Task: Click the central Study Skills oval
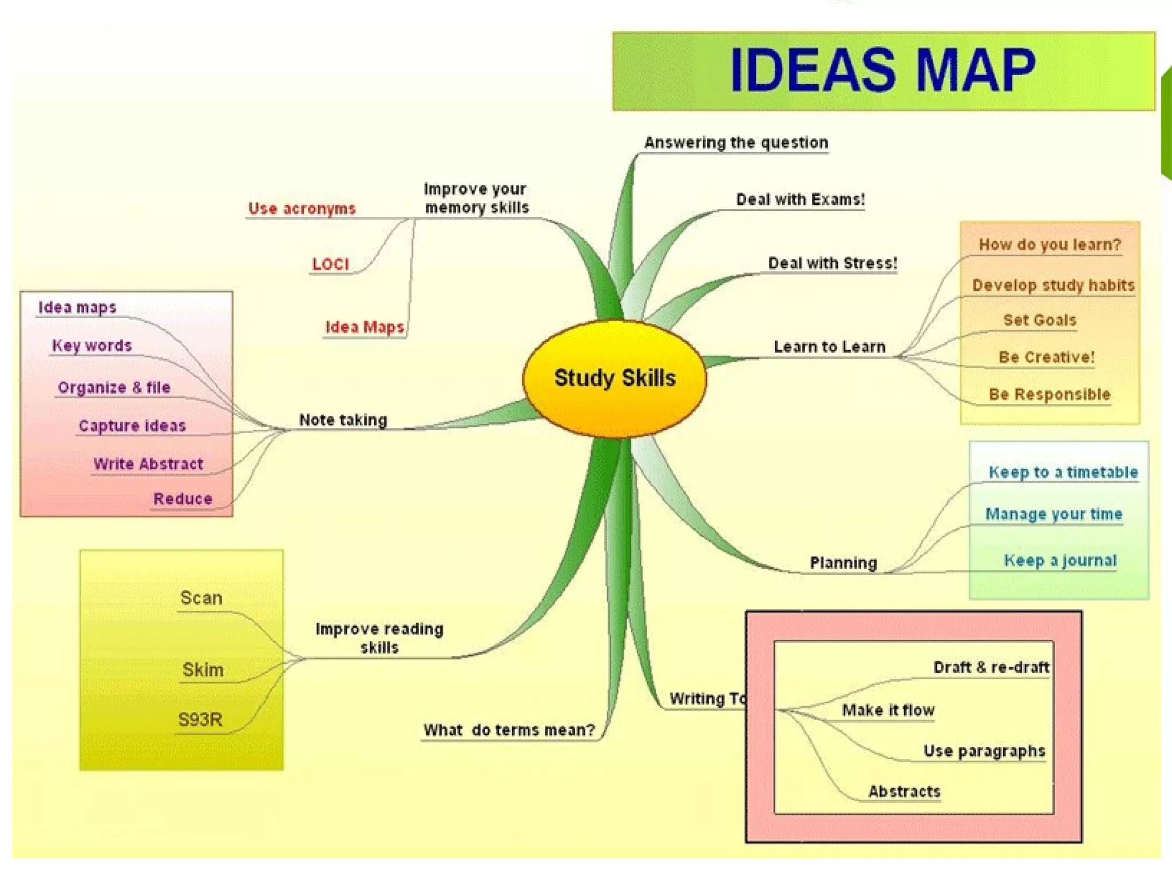click(615, 378)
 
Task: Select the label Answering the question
click(736, 142)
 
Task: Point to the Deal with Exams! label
click(800, 200)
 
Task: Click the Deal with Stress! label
click(832, 263)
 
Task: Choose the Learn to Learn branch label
click(829, 347)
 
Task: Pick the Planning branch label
click(843, 563)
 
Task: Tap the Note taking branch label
click(343, 420)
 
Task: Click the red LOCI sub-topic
click(330, 264)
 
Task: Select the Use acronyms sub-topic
click(302, 209)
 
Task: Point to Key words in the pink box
click(92, 346)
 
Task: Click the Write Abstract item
click(148, 464)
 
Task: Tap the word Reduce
click(183, 499)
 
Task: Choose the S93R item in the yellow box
click(200, 719)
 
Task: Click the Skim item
click(203, 670)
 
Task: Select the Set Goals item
click(1039, 320)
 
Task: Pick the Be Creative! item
click(1046, 357)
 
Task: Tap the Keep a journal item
click(1060, 560)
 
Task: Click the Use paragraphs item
click(984, 751)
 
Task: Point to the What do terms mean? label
click(509, 730)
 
